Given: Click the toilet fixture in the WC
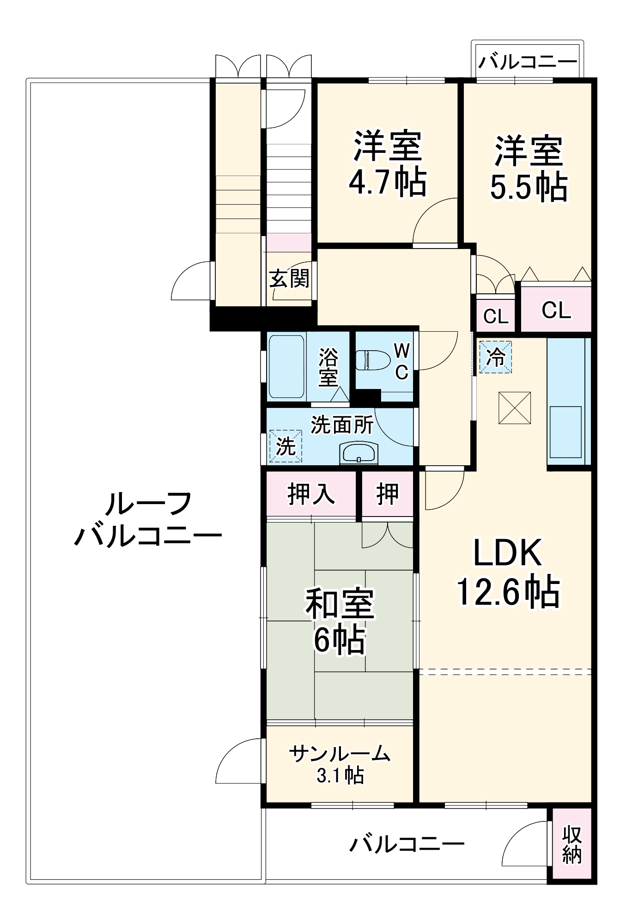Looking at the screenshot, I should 373,360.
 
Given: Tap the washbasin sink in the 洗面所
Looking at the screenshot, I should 359,453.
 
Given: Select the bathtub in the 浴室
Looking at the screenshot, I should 286,367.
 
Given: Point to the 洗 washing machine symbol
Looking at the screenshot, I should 286,446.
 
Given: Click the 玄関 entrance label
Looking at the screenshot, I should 289,279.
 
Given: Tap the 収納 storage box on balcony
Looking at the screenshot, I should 572,845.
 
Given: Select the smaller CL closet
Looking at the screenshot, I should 496,316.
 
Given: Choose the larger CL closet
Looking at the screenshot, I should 556,310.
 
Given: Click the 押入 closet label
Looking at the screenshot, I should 311,494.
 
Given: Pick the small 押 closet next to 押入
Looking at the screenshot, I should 387,494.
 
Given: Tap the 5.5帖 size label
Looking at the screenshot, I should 529,186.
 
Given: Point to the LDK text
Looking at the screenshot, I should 507,553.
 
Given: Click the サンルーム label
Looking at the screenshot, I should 340,754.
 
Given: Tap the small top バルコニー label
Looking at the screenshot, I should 527,61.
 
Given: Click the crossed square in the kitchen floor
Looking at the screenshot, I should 515,407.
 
